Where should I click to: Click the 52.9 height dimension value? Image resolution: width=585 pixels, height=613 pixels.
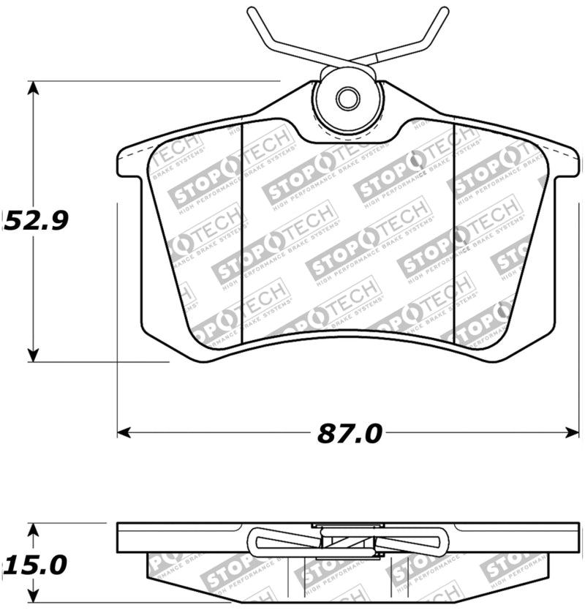click(x=37, y=219)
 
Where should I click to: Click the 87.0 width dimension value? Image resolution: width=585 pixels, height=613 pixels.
click(x=350, y=434)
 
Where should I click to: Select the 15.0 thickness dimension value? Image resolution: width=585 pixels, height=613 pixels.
click(x=35, y=565)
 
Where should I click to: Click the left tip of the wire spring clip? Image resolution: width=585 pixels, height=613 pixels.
click(x=250, y=10)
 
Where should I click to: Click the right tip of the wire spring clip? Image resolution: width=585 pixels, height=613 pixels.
click(x=445, y=10)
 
